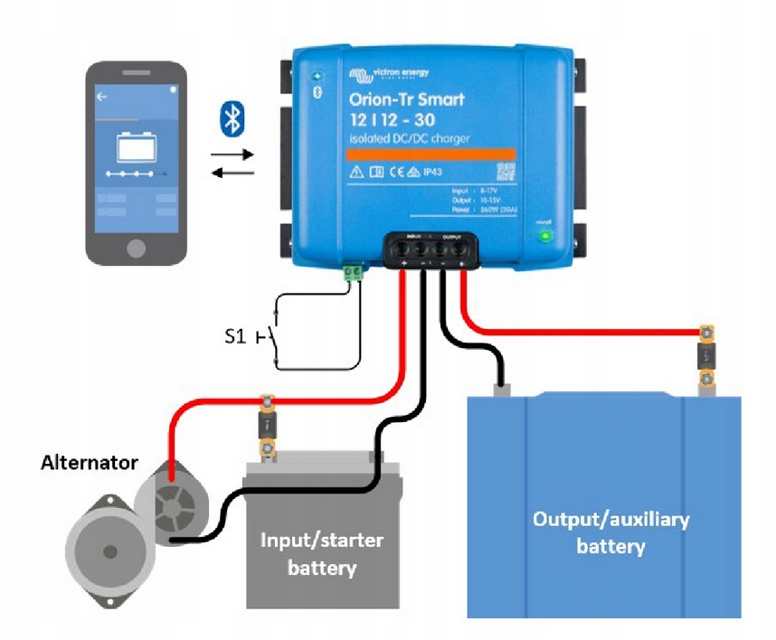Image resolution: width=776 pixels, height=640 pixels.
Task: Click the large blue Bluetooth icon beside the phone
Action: tap(232, 119)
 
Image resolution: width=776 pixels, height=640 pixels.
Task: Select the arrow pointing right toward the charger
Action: tap(232, 155)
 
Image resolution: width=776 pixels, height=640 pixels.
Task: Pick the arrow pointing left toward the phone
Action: tap(232, 174)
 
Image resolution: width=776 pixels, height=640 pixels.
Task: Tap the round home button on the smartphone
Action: tap(136, 247)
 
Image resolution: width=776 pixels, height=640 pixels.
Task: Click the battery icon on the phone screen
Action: tap(136, 146)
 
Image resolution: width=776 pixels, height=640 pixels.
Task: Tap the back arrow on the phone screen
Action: tap(101, 96)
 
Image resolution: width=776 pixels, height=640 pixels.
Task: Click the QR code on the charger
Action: tap(505, 172)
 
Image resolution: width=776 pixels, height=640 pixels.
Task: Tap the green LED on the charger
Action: tap(544, 237)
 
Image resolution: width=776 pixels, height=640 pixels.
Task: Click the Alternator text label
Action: tap(90, 463)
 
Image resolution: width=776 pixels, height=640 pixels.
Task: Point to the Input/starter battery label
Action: tap(322, 554)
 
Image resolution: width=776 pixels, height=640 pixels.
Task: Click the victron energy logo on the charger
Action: tap(390, 72)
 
